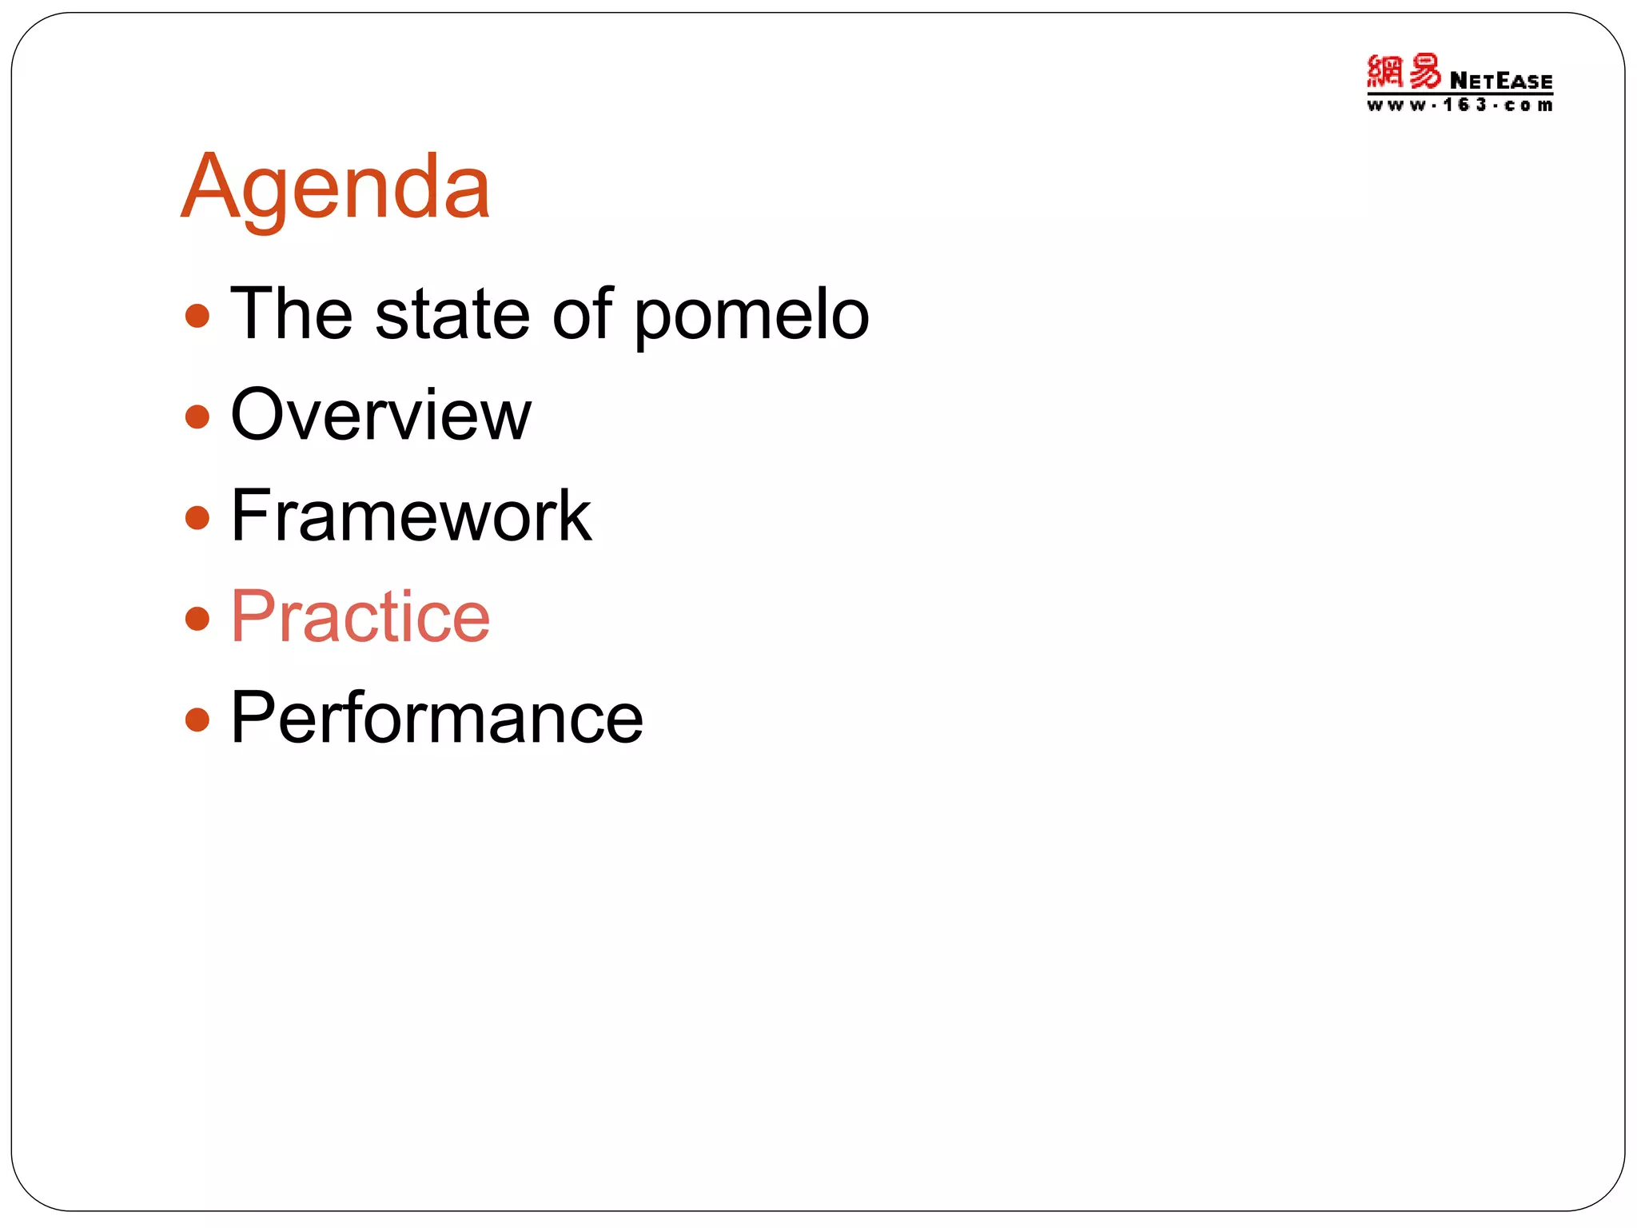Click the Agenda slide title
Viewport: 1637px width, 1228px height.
(x=336, y=189)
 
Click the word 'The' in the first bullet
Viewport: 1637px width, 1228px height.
(x=291, y=314)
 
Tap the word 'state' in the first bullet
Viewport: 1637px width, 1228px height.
(x=452, y=314)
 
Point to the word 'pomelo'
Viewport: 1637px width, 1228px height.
(x=751, y=318)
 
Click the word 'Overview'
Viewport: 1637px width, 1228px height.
(x=380, y=415)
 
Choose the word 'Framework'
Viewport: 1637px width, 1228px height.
(x=411, y=516)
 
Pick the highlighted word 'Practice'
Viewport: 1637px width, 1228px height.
(x=360, y=616)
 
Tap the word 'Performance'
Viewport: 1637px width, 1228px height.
(x=436, y=718)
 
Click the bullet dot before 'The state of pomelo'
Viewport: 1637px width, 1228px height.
(x=197, y=316)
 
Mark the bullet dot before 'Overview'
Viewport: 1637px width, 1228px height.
(x=197, y=417)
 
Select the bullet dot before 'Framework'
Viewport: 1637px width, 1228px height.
(x=197, y=517)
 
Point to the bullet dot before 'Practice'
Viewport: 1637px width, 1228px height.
(x=197, y=618)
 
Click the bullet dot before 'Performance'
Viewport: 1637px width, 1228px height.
(x=197, y=720)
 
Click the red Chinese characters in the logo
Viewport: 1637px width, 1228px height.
(x=1404, y=72)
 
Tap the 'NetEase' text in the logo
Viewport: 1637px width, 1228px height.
(x=1500, y=82)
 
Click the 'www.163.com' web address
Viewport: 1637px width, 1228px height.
(x=1460, y=106)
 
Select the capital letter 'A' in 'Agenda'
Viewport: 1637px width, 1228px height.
(x=209, y=187)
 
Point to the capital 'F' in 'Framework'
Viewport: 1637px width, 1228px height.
(x=250, y=516)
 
